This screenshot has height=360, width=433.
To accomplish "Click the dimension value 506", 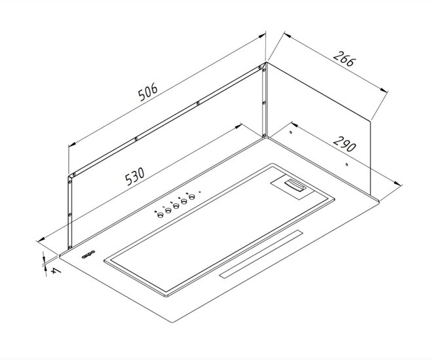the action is pos(148,92).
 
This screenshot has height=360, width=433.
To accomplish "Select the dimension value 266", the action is pos(343,58).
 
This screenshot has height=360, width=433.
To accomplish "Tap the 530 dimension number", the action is pos(134,176).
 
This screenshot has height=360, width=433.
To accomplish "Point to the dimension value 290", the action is pos(345,143).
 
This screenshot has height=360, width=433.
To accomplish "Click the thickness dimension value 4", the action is pos(56,271).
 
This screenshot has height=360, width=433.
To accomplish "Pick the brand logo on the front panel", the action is pos(88,255).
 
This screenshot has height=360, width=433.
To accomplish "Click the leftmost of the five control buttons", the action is pos(160,214).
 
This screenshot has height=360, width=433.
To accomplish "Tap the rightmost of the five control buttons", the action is pos(192,197).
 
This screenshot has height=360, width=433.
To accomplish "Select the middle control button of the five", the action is pos(176,206).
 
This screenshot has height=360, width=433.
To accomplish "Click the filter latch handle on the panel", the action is pos(295,185).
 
